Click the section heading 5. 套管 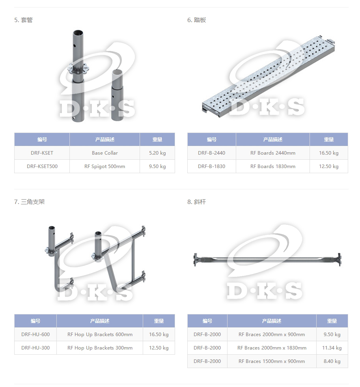click(x=23, y=20)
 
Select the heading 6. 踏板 click(x=196, y=20)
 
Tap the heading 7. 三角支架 click(x=29, y=202)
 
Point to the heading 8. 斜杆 click(x=196, y=202)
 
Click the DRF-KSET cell click(x=42, y=153)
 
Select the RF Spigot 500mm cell click(x=104, y=166)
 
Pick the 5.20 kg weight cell click(x=157, y=153)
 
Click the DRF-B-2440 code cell click(x=211, y=153)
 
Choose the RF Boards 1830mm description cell click(x=272, y=166)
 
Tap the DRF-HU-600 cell click(x=35, y=334)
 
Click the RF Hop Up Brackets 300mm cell click(x=100, y=348)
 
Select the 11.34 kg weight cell click(x=332, y=348)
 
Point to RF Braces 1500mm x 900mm click(x=272, y=361)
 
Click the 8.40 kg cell click(x=332, y=361)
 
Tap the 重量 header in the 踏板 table click(x=329, y=139)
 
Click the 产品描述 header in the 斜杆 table click(x=272, y=321)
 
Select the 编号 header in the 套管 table click(x=42, y=139)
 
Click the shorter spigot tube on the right click(x=117, y=95)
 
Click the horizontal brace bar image click(x=267, y=260)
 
